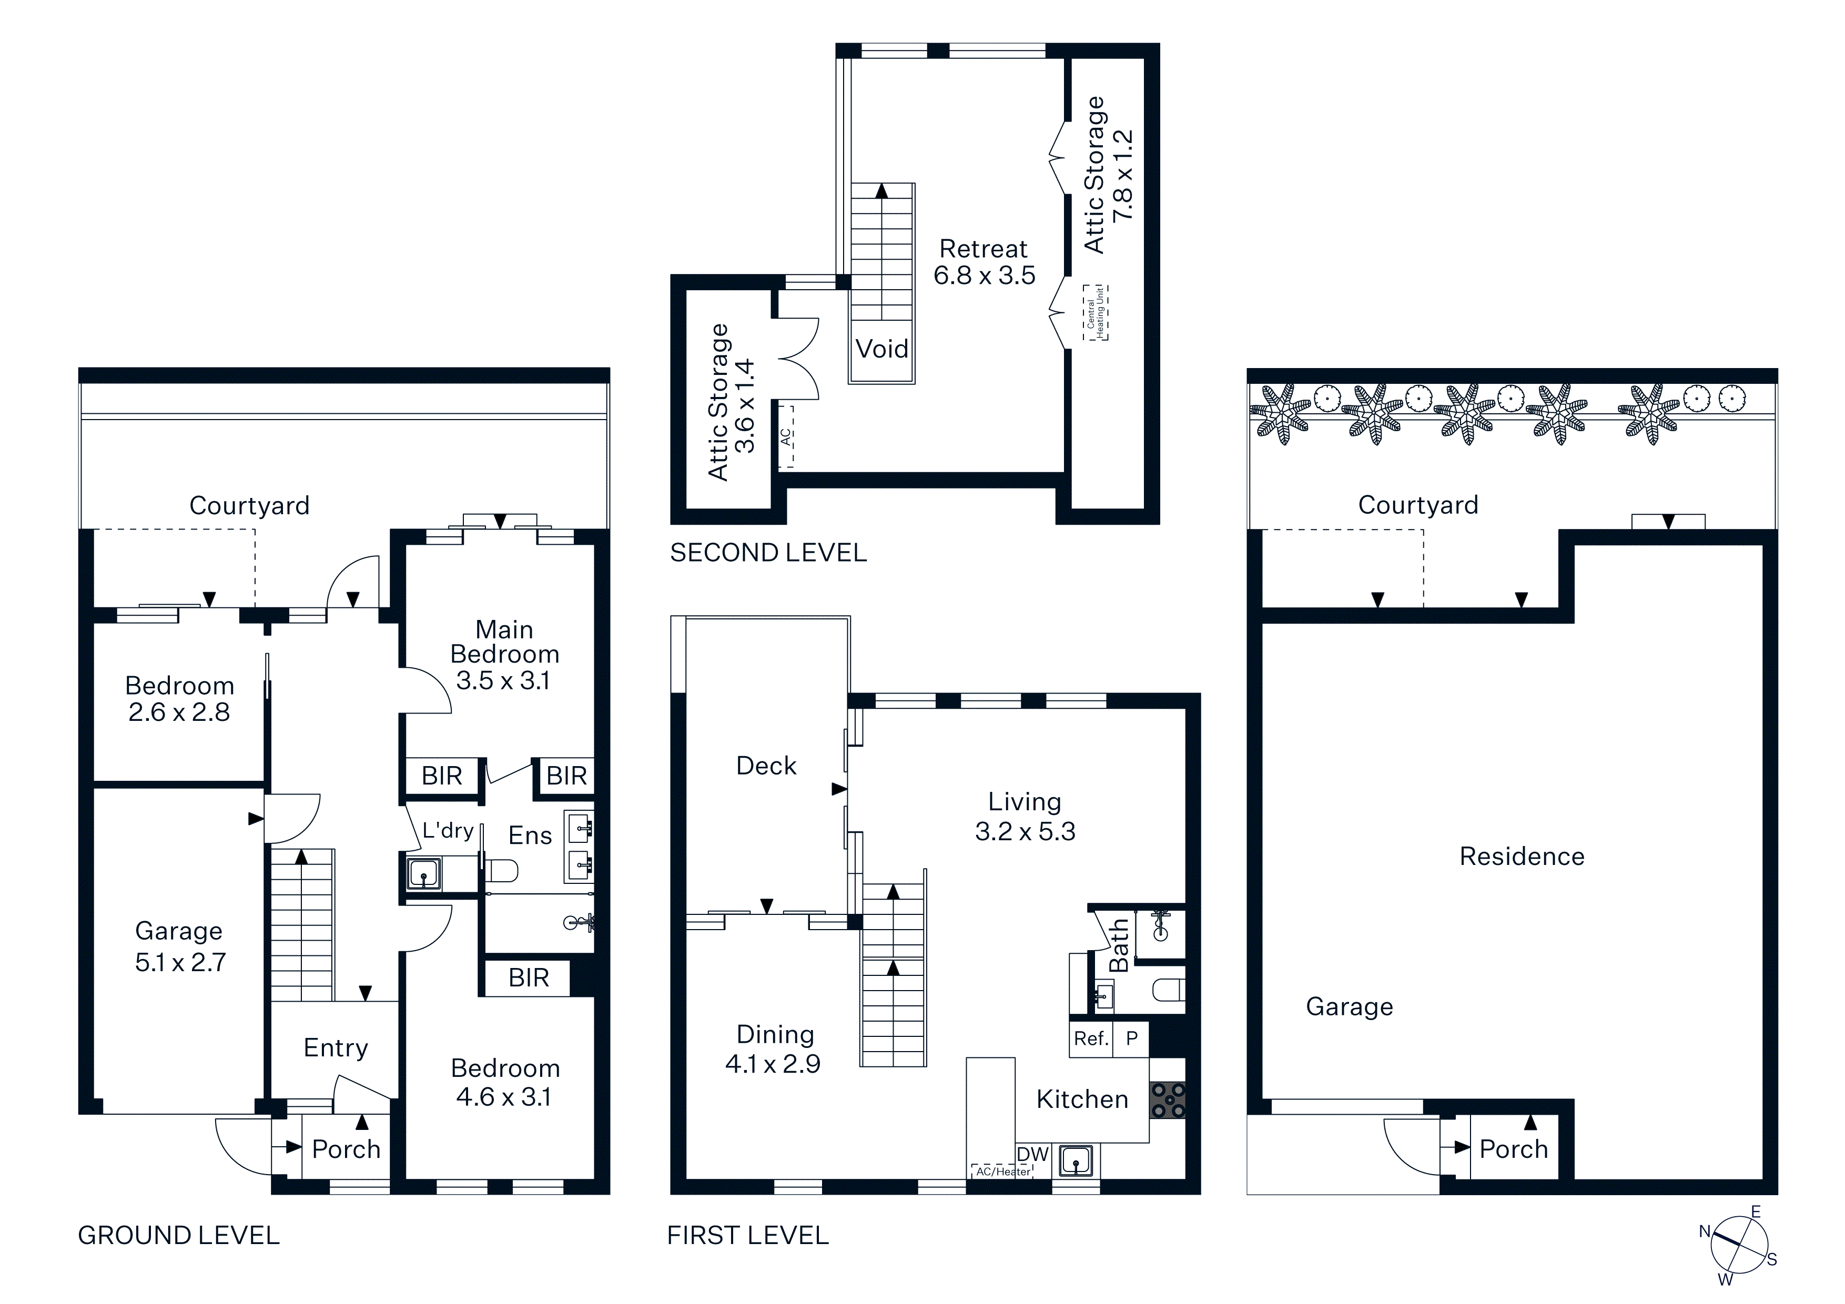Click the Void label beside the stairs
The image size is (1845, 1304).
point(881,349)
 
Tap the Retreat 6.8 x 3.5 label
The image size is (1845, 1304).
point(985,262)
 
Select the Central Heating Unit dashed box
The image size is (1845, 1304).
point(1095,312)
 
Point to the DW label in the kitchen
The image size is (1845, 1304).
point(1032,1154)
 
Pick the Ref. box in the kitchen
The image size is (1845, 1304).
point(1091,1038)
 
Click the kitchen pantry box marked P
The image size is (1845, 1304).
point(1131,1038)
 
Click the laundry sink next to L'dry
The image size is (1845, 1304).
point(423,873)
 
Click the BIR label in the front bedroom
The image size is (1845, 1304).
point(528,978)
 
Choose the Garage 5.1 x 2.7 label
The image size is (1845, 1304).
point(180,946)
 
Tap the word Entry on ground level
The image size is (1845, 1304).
point(336,1048)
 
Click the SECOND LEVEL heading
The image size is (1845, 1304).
point(768,553)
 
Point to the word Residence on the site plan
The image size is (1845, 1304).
point(1522,857)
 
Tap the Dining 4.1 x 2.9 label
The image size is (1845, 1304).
point(773,1050)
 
